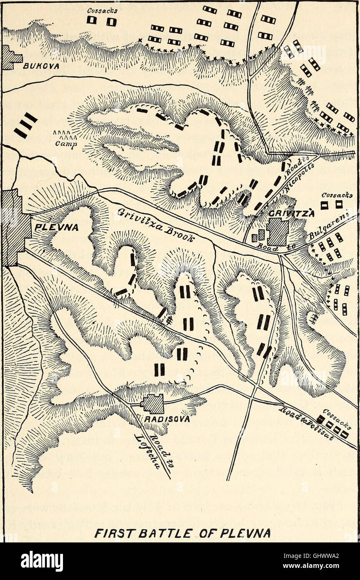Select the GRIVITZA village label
285,213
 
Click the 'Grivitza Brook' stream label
155,225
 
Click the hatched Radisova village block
153,403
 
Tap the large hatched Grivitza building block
277,232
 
